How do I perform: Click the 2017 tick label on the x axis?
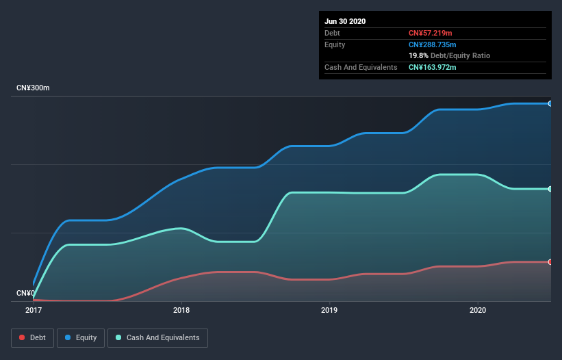[x=34, y=310]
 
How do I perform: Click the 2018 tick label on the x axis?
[x=181, y=310]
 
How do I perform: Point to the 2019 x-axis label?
[x=330, y=310]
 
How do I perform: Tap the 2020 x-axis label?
[x=478, y=310]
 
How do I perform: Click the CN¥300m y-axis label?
[x=34, y=88]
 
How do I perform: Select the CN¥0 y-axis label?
[x=25, y=293]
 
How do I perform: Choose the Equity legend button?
[x=81, y=337]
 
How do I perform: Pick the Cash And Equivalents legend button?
[x=157, y=337]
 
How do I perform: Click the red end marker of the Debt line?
[x=550, y=262]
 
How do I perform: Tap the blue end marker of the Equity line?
[x=550, y=103]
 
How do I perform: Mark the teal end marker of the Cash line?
[x=550, y=189]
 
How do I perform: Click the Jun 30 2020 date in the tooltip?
[x=345, y=21]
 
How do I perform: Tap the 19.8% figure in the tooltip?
[x=418, y=55]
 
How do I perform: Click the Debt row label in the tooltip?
[x=332, y=33]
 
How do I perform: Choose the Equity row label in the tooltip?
[x=335, y=44]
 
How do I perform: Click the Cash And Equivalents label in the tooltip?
[x=361, y=67]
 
